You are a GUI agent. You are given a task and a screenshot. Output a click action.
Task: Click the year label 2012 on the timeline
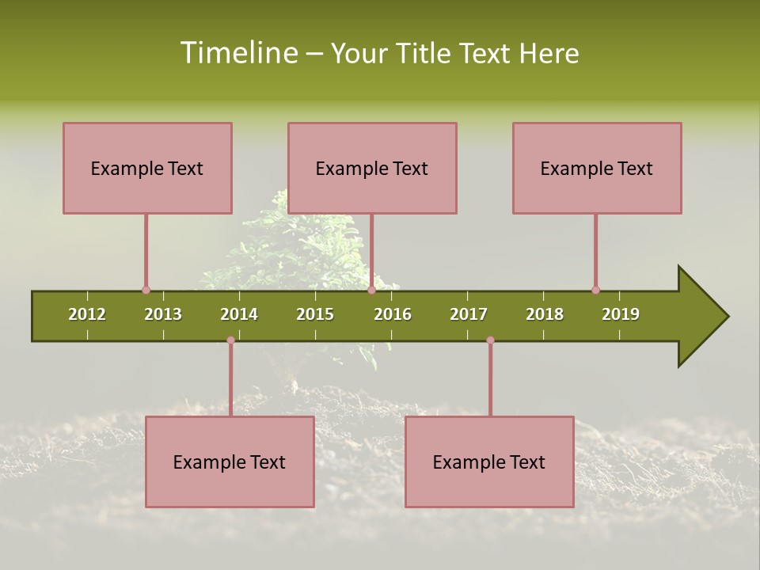[87, 314]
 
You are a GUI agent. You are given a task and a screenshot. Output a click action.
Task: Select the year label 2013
[163, 314]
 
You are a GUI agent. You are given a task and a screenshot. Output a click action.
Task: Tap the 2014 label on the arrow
[239, 314]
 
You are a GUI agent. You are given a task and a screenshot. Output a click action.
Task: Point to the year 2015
[315, 314]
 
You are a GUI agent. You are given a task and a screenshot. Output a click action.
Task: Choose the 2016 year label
[393, 314]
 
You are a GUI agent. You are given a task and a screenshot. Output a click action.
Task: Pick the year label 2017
[469, 314]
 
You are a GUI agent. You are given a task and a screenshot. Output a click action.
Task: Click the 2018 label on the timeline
[545, 314]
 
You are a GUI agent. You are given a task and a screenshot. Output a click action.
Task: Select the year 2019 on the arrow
[621, 314]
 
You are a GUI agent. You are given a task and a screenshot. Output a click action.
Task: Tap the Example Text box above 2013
[147, 168]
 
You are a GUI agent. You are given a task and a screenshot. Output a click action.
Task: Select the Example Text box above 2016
[372, 168]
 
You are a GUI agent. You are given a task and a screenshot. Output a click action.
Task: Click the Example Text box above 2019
[597, 168]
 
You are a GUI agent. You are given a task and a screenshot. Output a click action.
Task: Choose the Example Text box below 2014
[230, 462]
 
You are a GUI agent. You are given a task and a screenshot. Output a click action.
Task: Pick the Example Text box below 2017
[489, 462]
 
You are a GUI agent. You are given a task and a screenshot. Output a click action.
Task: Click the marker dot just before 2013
[146, 291]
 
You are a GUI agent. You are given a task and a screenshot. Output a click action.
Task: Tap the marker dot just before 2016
[371, 291]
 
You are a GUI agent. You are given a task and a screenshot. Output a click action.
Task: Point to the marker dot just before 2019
[595, 291]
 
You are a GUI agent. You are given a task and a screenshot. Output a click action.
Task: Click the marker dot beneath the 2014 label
[230, 340]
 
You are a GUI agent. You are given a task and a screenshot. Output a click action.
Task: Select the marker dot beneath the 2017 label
[490, 340]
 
